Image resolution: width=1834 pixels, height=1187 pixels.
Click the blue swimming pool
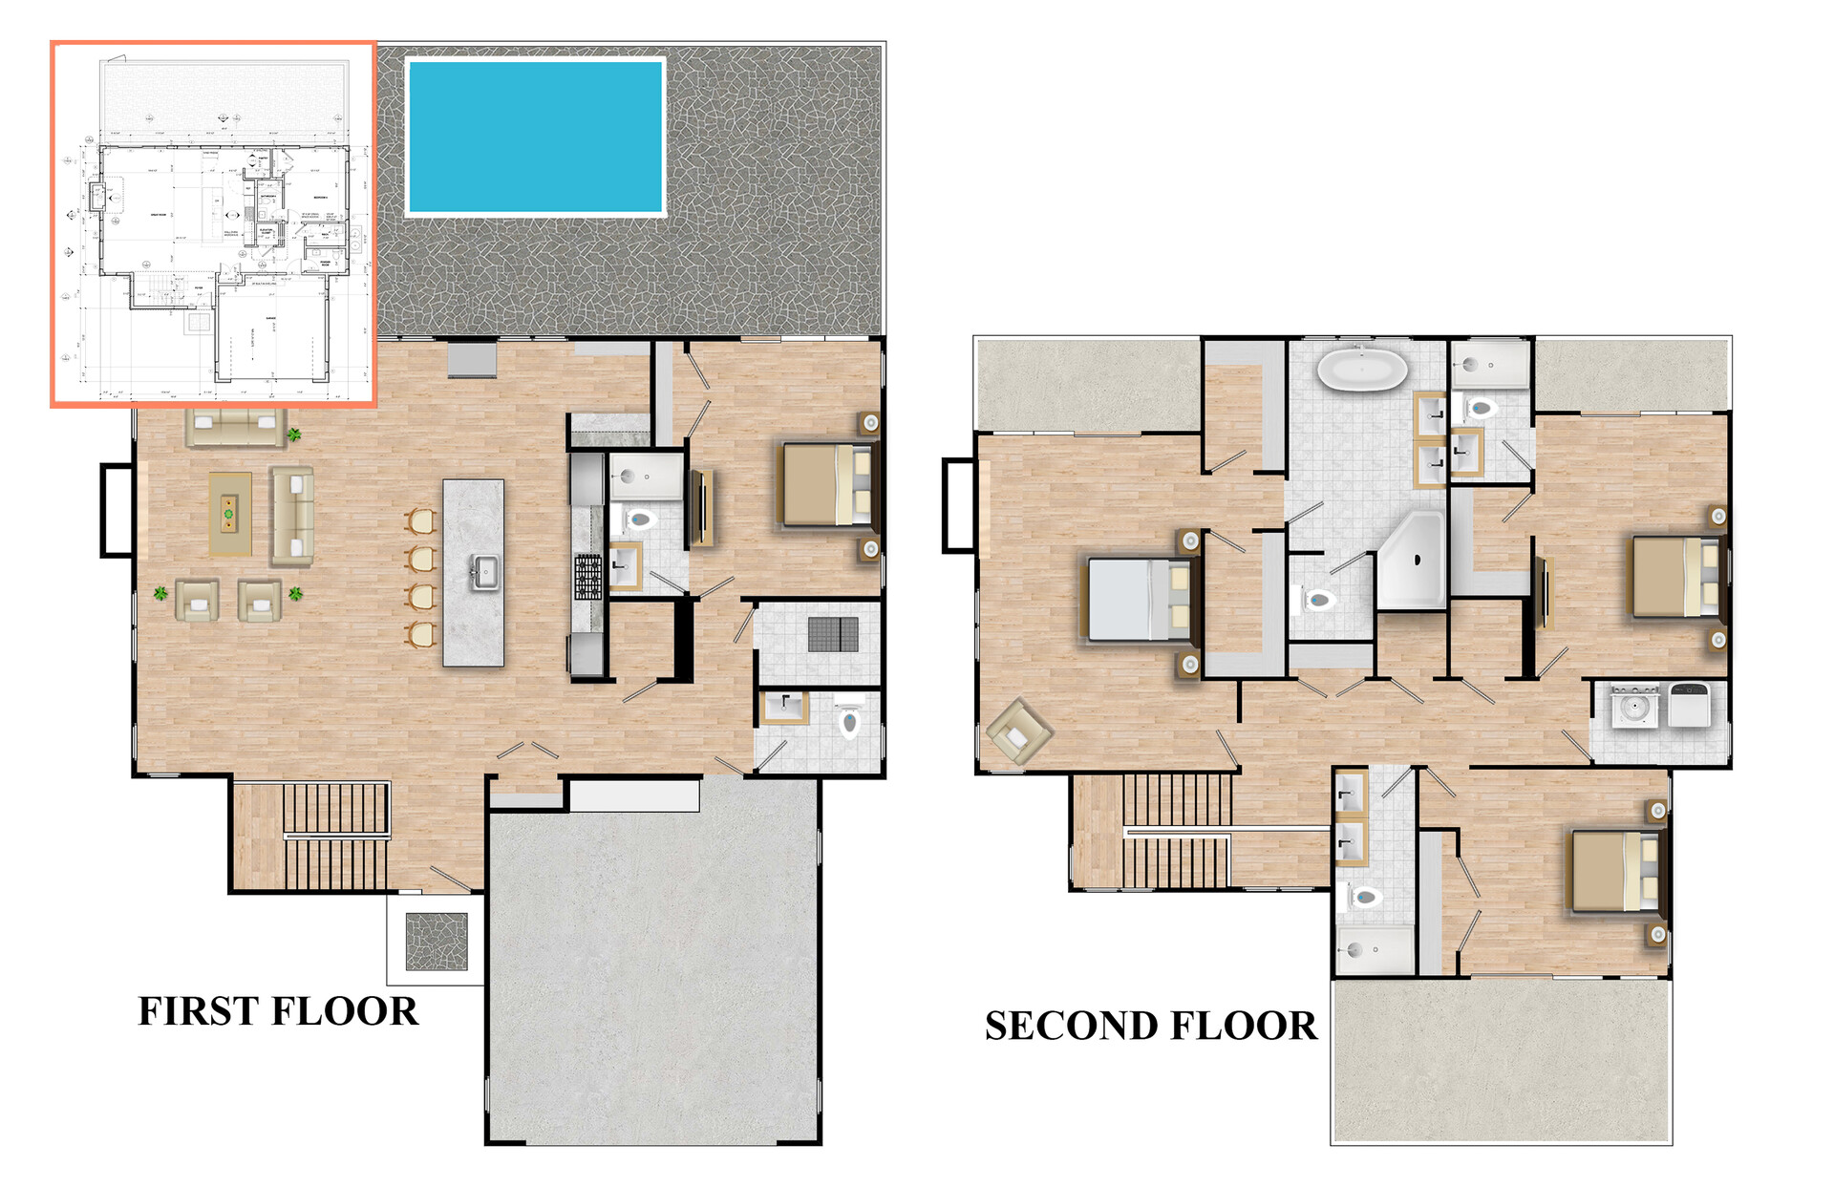click(535, 136)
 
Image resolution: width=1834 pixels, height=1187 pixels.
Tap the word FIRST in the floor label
click(198, 1011)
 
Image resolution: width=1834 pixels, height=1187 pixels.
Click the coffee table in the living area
click(229, 513)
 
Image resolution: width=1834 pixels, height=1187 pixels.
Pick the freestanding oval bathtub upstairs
click(1361, 370)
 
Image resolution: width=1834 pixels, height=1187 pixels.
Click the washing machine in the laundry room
click(1634, 708)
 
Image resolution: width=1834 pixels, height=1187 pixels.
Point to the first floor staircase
click(334, 836)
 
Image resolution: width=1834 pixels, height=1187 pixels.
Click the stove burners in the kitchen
click(587, 577)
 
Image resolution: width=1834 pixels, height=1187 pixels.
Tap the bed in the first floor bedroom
click(827, 485)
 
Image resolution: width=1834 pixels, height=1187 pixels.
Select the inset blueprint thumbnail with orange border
click(214, 224)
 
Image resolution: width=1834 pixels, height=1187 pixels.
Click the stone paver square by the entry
click(437, 942)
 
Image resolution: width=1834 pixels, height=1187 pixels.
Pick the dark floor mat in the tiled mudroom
click(833, 634)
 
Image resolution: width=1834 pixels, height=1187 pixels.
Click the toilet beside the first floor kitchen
click(638, 520)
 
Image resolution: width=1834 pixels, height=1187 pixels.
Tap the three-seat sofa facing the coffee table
click(291, 516)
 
